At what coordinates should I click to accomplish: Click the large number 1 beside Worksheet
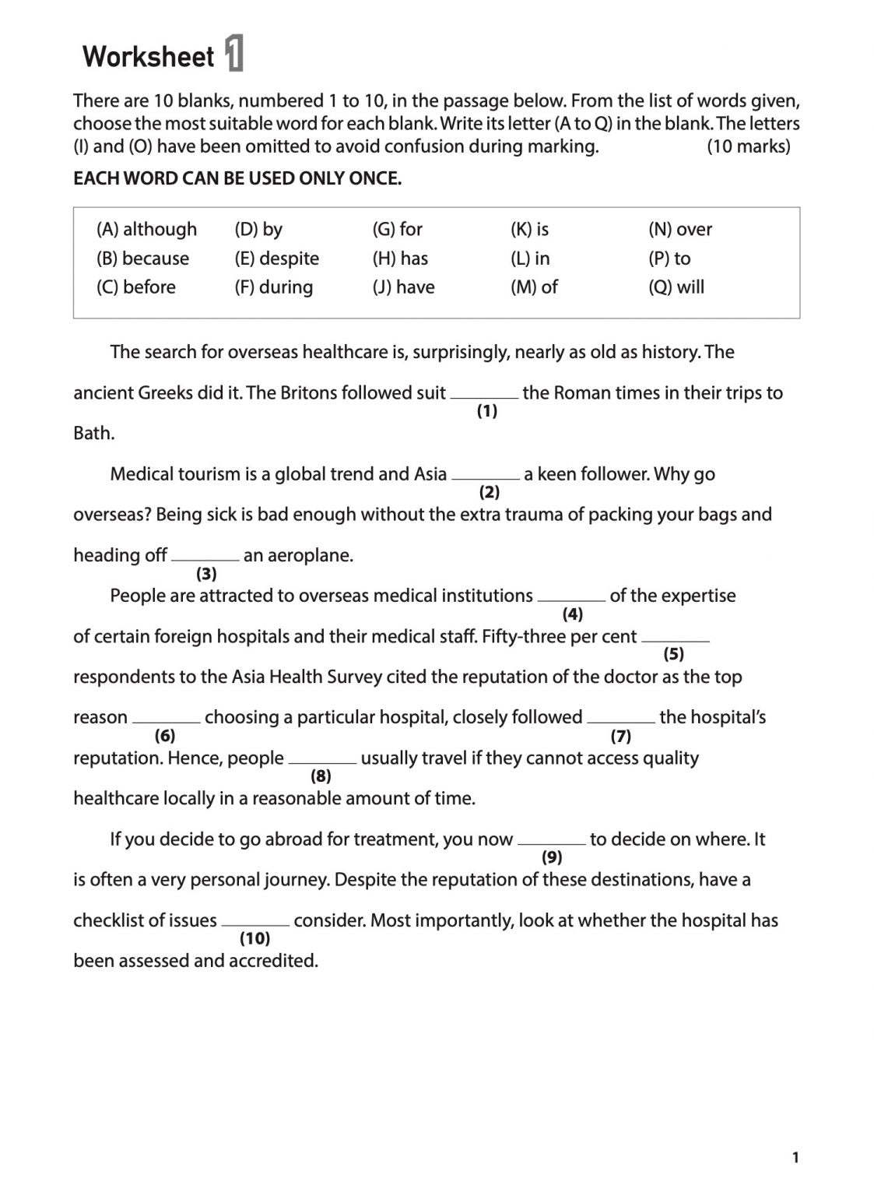tap(234, 55)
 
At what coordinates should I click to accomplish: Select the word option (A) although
tap(146, 229)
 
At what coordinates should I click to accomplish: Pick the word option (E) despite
tap(276, 258)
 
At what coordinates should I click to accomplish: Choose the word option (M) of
tap(534, 287)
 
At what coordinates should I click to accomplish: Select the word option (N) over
tap(679, 229)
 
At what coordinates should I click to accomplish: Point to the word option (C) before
tap(136, 287)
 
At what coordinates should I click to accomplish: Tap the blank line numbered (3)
tap(205, 558)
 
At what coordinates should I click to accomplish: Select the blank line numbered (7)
tap(620, 720)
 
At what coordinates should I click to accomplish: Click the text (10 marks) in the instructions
tap(748, 146)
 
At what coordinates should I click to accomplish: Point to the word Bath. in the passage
tap(94, 433)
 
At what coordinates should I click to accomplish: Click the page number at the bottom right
tap(795, 1158)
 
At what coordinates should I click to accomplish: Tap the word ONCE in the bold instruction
tap(375, 178)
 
